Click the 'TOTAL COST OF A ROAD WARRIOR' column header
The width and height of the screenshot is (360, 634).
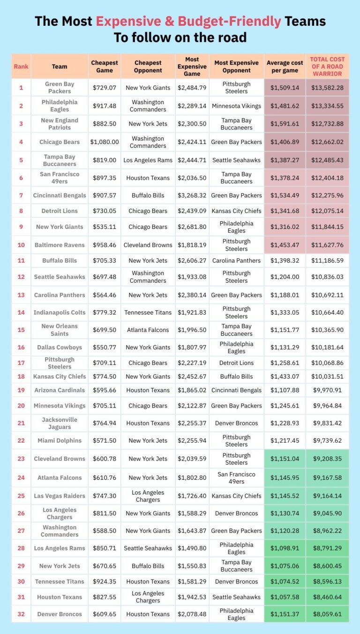point(327,66)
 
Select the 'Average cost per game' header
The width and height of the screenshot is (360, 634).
point(285,66)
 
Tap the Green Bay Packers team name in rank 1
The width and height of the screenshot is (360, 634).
point(60,87)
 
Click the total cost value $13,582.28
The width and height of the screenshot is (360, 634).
point(327,87)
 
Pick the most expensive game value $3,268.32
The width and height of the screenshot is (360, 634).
point(192,195)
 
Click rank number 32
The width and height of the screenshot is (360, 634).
point(21,614)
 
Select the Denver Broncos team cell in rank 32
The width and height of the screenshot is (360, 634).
point(60,614)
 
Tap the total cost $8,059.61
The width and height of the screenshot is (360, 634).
point(327,614)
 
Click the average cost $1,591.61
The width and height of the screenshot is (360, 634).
point(285,124)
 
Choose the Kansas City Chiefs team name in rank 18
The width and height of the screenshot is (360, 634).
point(60,376)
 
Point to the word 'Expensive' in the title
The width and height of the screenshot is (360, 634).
point(125,21)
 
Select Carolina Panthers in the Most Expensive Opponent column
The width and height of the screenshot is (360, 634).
point(236,260)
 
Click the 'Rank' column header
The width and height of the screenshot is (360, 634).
point(21,66)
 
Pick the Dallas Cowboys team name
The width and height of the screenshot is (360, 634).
point(60,347)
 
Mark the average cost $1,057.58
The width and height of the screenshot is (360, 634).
point(285,597)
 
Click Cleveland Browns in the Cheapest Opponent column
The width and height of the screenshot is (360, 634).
point(148,245)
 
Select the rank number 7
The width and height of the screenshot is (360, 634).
point(21,195)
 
